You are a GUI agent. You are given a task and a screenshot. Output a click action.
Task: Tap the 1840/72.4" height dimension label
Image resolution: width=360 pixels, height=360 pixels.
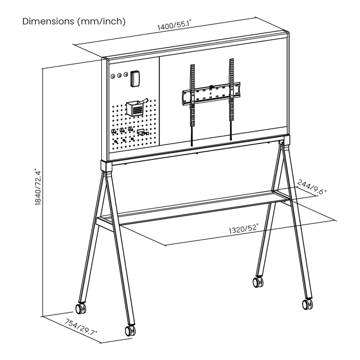38,187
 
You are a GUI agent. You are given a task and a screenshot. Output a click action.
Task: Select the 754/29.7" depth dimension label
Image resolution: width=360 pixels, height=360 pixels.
81,327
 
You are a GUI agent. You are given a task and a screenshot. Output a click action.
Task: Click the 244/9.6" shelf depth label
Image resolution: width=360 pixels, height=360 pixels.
312,187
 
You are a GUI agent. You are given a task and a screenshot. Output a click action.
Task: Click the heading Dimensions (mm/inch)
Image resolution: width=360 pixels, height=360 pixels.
74,22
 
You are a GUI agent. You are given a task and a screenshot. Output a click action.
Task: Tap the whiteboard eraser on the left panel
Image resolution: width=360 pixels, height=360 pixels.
135,79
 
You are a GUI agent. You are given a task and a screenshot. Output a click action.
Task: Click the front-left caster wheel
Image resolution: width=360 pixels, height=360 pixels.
130,331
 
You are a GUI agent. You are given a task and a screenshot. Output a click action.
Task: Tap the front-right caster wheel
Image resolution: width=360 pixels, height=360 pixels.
307,304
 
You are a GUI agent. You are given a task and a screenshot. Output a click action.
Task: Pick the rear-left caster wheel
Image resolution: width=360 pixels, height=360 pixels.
81,309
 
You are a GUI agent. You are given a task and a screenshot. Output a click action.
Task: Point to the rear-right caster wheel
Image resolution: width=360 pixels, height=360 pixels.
258,282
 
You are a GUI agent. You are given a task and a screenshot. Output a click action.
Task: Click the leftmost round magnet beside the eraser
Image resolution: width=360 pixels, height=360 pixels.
113,77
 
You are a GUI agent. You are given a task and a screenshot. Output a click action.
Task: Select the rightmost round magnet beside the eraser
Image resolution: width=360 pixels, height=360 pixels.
125,75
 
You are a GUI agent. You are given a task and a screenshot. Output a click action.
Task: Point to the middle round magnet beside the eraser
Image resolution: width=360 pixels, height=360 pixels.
119,75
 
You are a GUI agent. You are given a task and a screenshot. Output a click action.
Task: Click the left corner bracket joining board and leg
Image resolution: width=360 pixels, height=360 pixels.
106,166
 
